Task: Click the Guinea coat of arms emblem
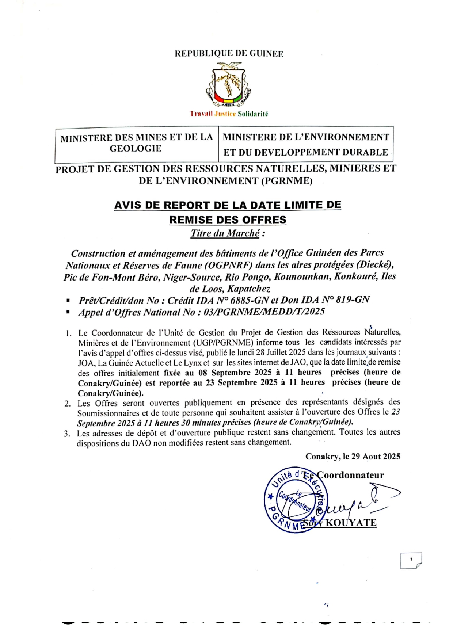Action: (228, 85)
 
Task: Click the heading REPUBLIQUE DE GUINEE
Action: (229, 54)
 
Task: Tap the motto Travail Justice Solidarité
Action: (229, 114)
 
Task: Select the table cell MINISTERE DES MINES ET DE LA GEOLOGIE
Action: (136, 143)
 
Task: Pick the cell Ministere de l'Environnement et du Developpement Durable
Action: (306, 144)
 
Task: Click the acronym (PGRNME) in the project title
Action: (286, 181)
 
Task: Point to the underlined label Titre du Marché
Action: (225, 233)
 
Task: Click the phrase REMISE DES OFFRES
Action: (228, 220)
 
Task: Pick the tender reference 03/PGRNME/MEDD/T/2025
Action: (264, 312)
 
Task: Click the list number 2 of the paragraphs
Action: (68, 404)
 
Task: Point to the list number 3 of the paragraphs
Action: (67, 434)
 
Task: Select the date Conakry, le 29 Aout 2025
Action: (353, 457)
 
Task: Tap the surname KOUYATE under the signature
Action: (351, 523)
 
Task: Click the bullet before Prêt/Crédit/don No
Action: (68, 301)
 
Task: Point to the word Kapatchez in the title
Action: (248, 289)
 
